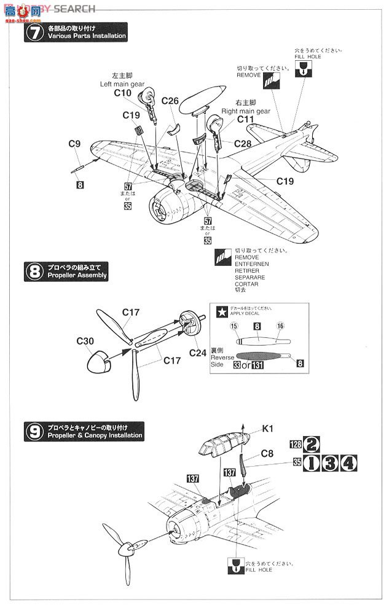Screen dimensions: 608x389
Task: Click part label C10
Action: coord(123,93)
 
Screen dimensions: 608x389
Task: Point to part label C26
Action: coord(170,101)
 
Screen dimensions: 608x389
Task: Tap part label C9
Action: coord(74,144)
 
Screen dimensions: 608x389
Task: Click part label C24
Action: coord(198,353)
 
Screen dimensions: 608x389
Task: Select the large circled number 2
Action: coord(312,443)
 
